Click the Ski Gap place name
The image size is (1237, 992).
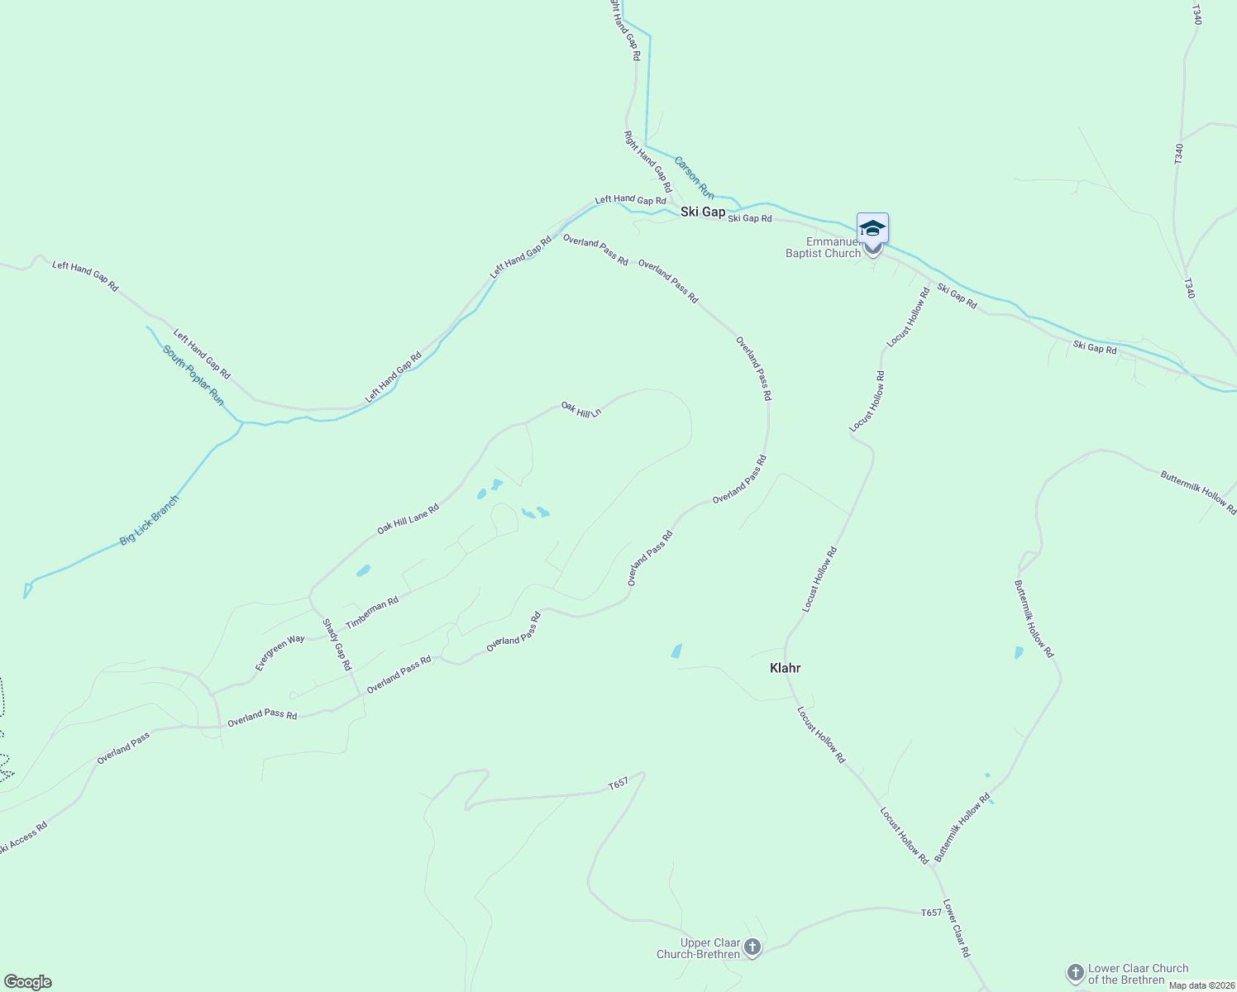[x=703, y=212]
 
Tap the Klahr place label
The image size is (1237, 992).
[x=785, y=668]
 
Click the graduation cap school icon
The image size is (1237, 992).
[x=872, y=228]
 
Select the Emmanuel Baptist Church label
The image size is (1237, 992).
[x=823, y=248]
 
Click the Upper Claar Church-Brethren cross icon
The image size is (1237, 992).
[x=752, y=947]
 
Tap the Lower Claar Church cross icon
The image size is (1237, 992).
[x=1075, y=972]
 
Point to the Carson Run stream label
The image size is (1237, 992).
[x=694, y=177]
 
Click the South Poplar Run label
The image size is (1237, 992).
[x=193, y=375]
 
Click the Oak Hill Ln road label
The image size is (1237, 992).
[x=580, y=408]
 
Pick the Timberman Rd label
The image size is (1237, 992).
[x=372, y=613]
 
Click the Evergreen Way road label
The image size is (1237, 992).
[x=279, y=652]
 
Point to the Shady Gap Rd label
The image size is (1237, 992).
[x=337, y=644]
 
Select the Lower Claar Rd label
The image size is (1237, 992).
[x=956, y=928]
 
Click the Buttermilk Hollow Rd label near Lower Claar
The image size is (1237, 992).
[x=962, y=828]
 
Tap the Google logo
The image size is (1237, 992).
[x=27, y=982]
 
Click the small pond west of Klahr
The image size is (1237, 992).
[x=677, y=651]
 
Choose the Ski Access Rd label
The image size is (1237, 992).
[x=23, y=837]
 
